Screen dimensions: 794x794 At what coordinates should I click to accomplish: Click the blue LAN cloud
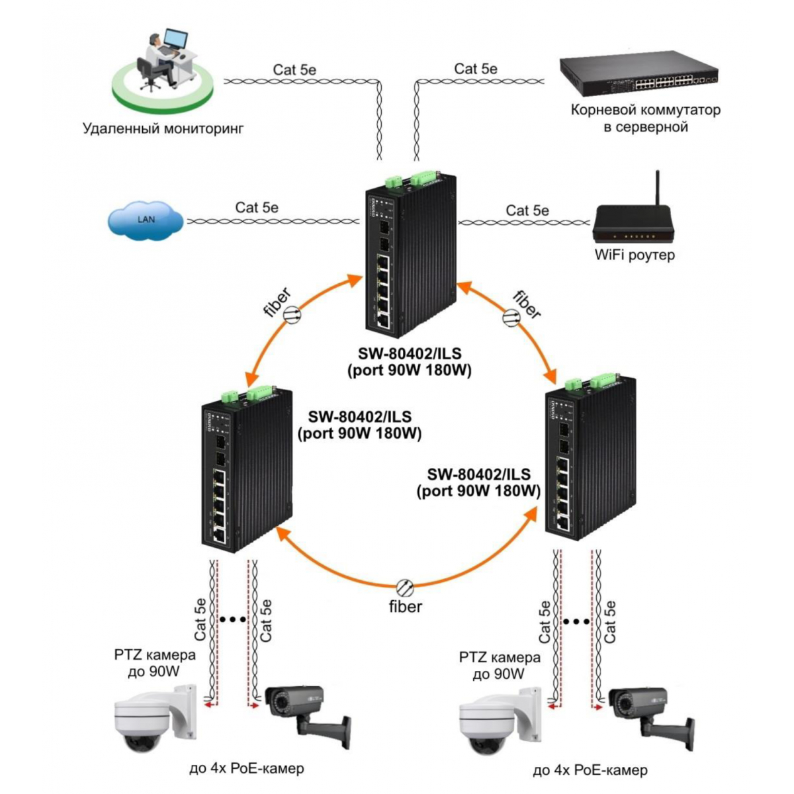tap(146, 220)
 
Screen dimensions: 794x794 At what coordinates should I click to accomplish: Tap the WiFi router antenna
tap(658, 189)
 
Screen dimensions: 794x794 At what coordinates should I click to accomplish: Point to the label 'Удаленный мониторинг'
tap(163, 128)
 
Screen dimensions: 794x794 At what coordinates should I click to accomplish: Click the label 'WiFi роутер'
tap(635, 255)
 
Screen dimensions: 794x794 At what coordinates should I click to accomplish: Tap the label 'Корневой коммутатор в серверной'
tap(646, 118)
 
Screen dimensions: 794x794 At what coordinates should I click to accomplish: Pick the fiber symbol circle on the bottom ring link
tap(405, 588)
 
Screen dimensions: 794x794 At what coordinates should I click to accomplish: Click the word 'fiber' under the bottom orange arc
tap(406, 607)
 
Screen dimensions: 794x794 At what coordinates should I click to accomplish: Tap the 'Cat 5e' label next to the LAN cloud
tap(257, 207)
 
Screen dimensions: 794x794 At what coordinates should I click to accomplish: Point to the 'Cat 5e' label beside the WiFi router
tap(527, 210)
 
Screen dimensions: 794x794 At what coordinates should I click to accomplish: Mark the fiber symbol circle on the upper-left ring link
tap(292, 314)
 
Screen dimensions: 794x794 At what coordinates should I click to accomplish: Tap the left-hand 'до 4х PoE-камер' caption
tap(246, 768)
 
